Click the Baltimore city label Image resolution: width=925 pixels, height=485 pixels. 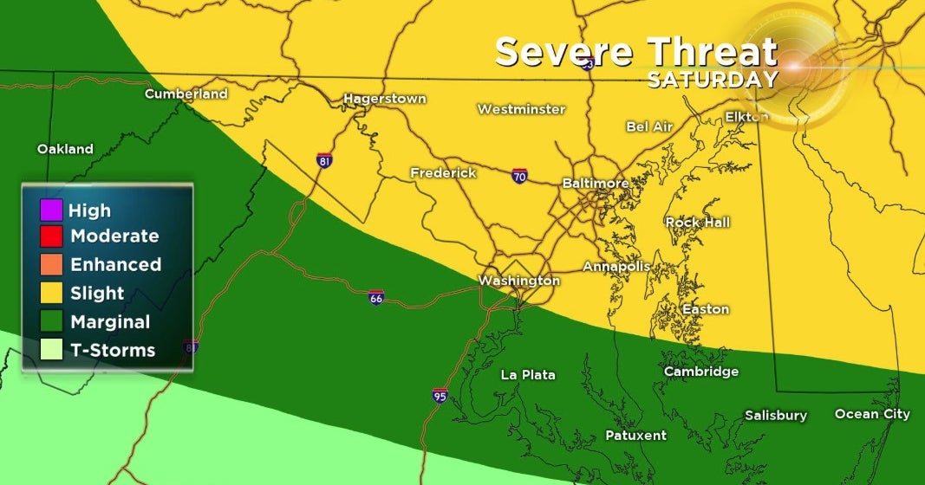(x=595, y=184)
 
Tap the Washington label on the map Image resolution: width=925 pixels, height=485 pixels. (x=519, y=281)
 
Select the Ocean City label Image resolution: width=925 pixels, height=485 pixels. (x=872, y=414)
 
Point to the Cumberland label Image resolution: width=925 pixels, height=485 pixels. (x=186, y=94)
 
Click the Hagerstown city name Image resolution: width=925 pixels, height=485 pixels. (x=385, y=99)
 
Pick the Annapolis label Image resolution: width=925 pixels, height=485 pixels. (x=616, y=266)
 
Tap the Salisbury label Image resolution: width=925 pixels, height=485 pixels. (x=776, y=416)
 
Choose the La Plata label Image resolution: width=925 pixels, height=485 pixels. (x=528, y=375)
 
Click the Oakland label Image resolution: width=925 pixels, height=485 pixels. (x=65, y=149)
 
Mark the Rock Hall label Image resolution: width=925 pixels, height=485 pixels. (x=698, y=223)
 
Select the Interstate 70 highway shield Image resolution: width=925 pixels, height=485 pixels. (x=519, y=176)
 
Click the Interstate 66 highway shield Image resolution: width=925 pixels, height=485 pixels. (x=375, y=297)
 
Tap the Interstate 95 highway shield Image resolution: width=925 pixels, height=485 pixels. (x=440, y=396)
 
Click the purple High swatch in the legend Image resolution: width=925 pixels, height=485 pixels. (x=51, y=210)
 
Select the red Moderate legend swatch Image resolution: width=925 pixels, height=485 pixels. (x=51, y=236)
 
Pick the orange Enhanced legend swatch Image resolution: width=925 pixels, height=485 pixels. (x=51, y=265)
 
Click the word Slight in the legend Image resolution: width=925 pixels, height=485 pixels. (x=97, y=294)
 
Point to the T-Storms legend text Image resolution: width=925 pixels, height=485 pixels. (x=113, y=351)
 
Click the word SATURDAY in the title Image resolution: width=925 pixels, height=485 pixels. (x=712, y=80)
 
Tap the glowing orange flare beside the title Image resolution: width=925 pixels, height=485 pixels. (x=792, y=63)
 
